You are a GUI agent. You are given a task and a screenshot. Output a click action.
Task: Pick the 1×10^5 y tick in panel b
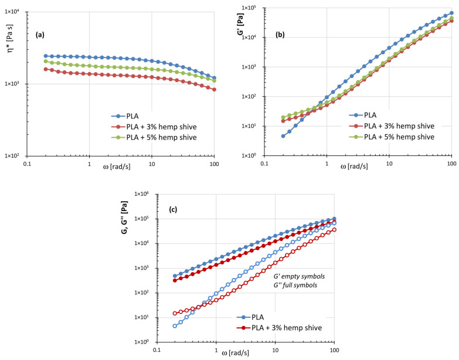pos(251,8)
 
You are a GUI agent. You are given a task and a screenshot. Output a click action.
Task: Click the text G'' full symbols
pos(269,285)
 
